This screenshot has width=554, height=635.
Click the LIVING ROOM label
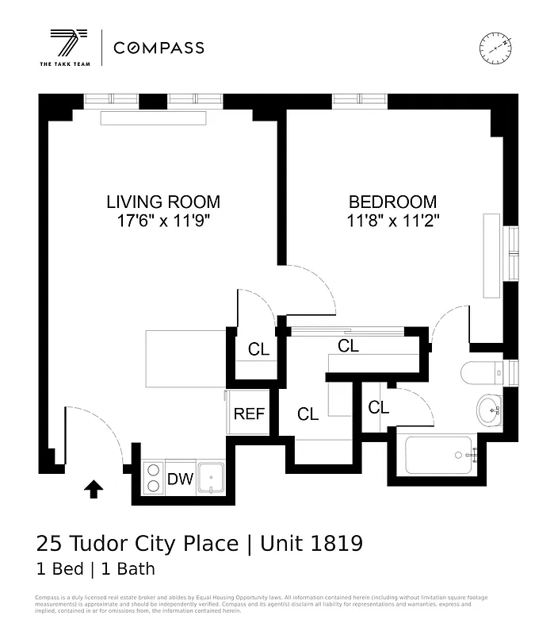163,202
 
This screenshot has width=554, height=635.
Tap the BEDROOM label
392,202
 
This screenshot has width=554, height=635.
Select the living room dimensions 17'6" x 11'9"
163,221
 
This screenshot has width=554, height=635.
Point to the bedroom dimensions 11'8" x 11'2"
392,221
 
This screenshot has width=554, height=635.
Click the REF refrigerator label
248,414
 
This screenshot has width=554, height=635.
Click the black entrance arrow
94,490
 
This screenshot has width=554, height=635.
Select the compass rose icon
495,48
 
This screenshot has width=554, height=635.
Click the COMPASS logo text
159,48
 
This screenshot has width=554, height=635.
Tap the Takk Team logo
66,48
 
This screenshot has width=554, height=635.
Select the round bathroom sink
488,410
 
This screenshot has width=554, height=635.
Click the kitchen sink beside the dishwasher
212,479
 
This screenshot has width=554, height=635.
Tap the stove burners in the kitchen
152,478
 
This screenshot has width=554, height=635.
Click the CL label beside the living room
258,349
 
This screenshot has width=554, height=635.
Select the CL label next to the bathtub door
379,408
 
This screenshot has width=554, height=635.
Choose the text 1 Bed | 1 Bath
95,569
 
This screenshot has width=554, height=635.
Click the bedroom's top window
361,99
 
